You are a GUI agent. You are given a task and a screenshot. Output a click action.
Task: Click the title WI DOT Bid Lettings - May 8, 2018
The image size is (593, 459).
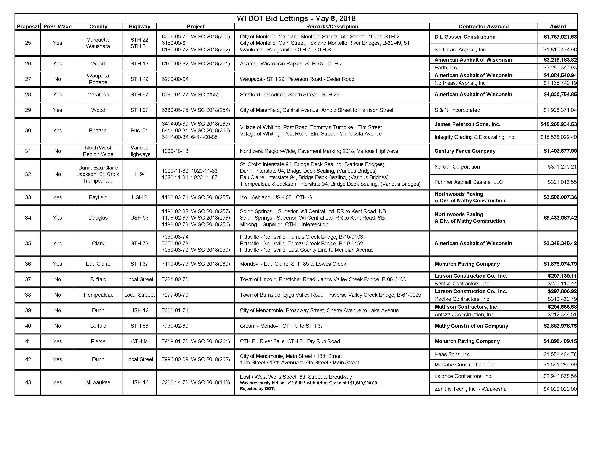[296, 19]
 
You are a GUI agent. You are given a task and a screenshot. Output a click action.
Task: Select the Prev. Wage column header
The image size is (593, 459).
[58, 27]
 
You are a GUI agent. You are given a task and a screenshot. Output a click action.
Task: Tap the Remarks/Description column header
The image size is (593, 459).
[332, 27]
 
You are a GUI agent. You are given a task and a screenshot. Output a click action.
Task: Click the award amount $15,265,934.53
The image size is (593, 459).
[558, 124]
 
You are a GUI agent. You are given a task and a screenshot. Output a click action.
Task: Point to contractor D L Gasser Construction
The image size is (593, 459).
[465, 37]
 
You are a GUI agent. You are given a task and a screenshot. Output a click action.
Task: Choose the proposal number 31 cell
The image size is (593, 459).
[28, 151]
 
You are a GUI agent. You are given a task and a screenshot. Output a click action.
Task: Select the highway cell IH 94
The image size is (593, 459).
[139, 174]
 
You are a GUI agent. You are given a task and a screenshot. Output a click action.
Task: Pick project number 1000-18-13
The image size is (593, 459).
[175, 151]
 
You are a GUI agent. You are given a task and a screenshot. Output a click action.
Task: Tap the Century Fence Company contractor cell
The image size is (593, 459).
[465, 151]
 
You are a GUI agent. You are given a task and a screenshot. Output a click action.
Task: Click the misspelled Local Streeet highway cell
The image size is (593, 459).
[139, 295]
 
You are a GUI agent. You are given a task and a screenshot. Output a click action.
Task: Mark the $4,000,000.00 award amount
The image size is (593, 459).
[560, 389]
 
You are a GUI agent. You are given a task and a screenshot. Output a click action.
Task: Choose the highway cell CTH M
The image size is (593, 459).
[139, 341]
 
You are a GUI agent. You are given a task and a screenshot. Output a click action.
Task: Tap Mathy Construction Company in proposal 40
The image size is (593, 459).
[471, 326]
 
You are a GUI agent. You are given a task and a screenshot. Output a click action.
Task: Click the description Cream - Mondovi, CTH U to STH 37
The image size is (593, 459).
[281, 326]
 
